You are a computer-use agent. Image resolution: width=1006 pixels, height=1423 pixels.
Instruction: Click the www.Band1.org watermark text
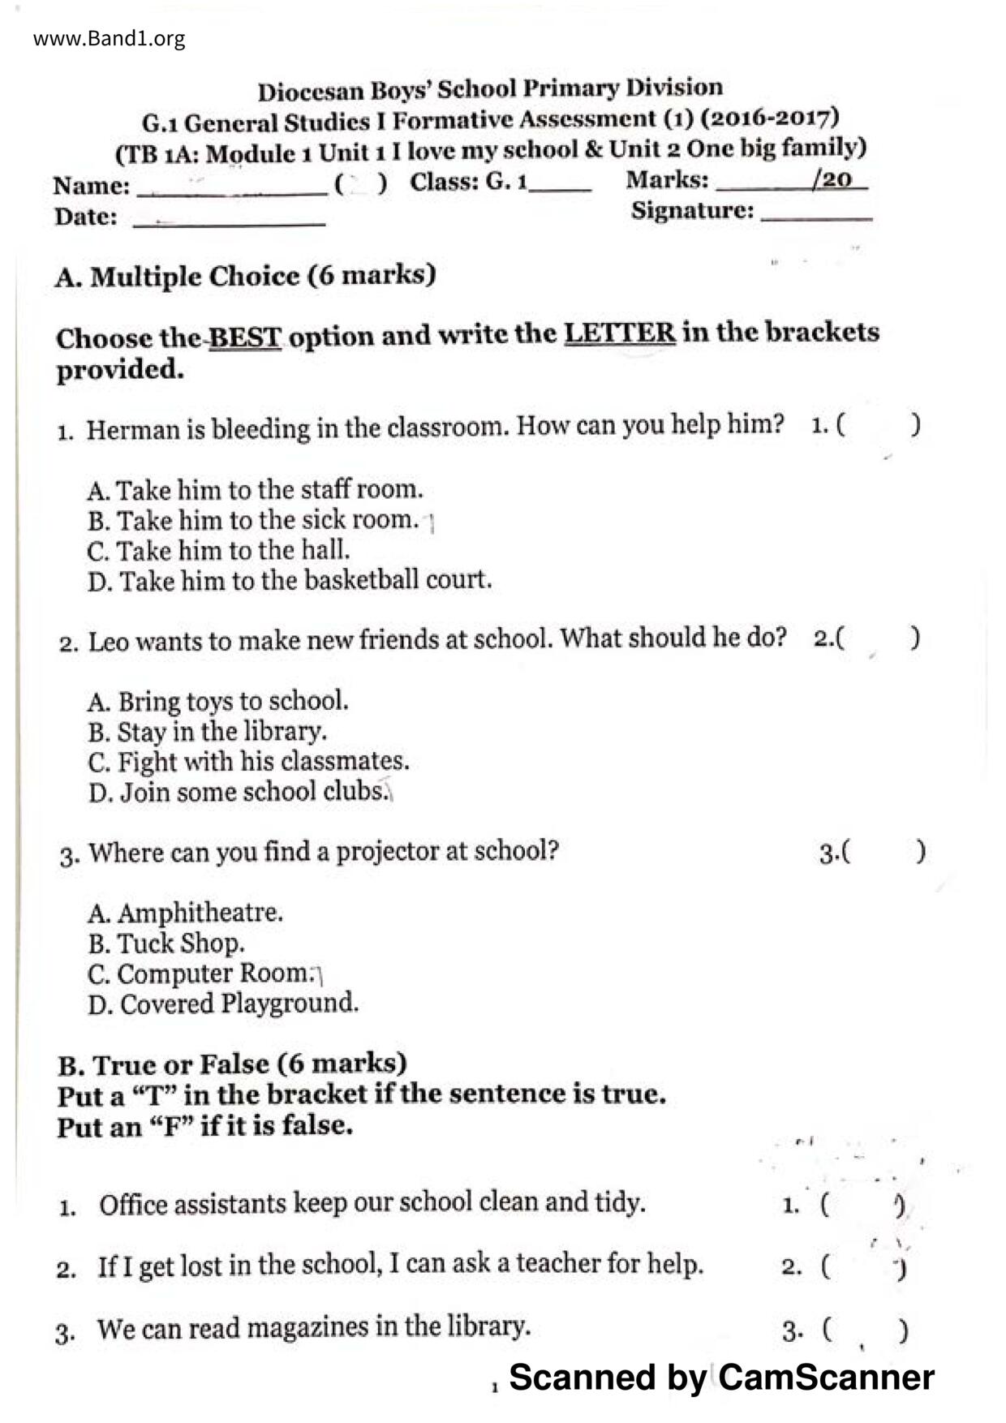point(109,38)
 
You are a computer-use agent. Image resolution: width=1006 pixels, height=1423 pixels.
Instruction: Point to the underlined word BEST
point(245,337)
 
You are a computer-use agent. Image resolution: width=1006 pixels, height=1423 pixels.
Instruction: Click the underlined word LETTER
point(620,333)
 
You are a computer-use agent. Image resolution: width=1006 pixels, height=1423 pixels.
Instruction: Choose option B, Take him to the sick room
point(253,520)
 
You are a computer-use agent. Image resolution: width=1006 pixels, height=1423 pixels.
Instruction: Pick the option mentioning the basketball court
point(290,581)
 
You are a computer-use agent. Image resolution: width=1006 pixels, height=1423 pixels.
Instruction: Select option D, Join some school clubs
point(239,791)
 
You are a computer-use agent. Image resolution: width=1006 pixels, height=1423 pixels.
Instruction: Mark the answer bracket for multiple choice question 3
point(883,852)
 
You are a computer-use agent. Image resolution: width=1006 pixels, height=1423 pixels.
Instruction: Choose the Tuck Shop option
point(166,944)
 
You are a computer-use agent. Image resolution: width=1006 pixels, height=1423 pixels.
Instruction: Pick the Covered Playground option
point(223,1004)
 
